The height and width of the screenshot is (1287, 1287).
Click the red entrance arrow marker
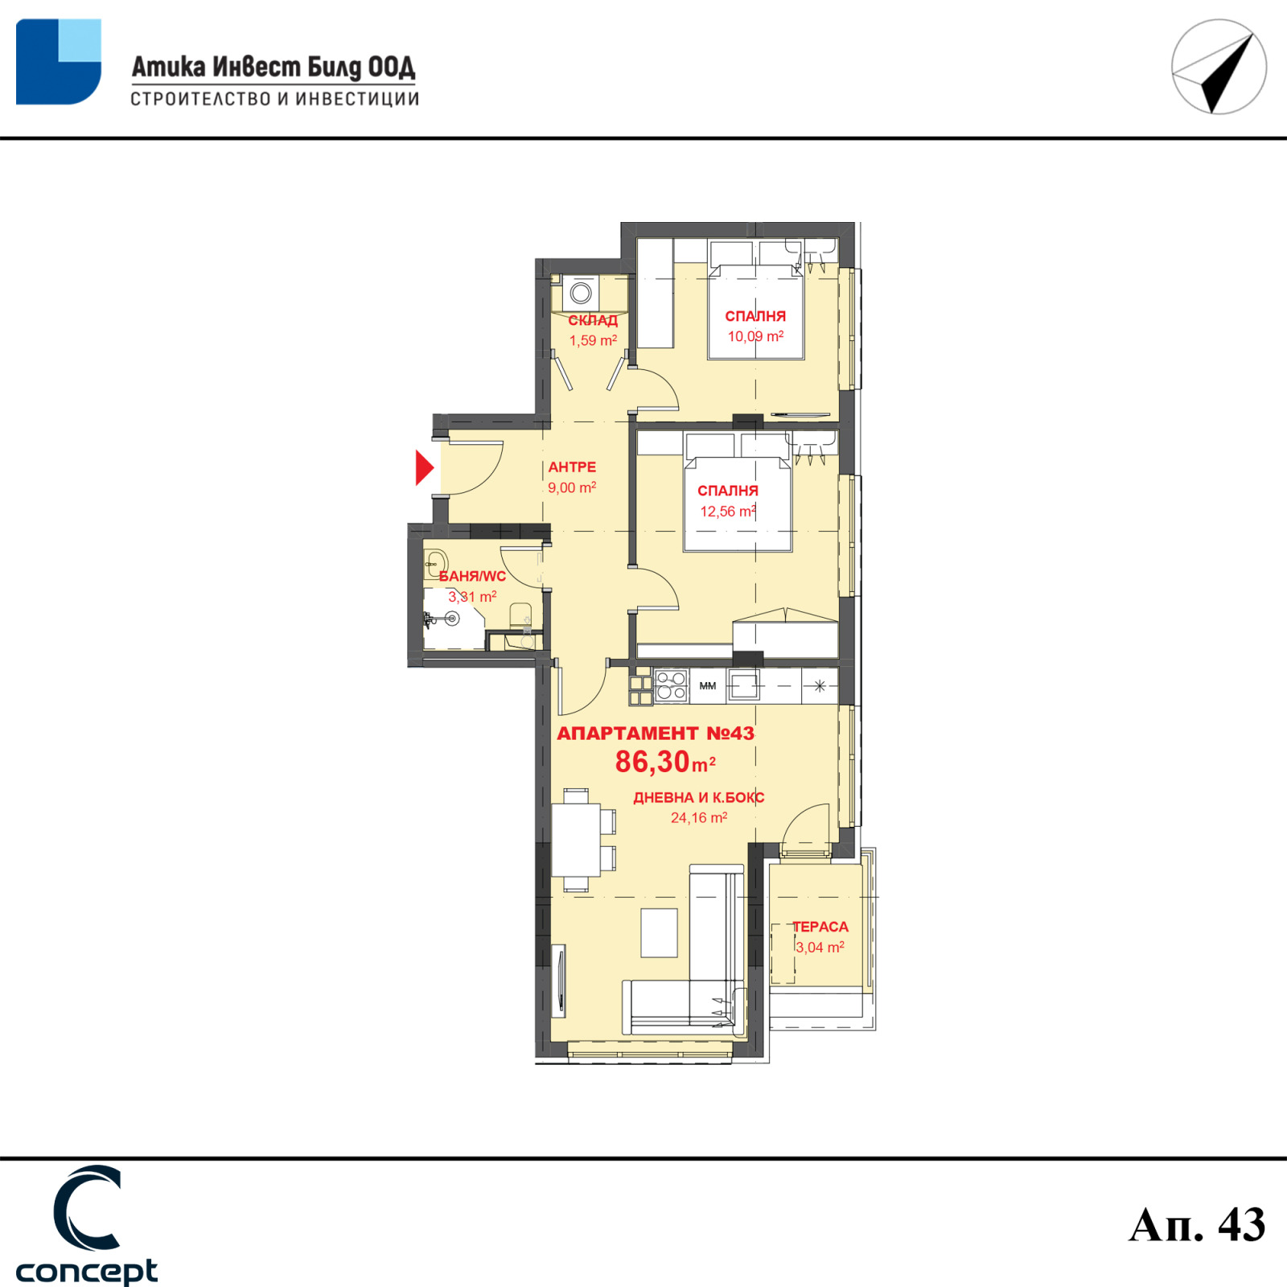[424, 467]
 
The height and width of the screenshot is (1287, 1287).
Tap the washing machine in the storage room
[581, 294]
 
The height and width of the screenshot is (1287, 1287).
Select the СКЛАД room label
[593, 320]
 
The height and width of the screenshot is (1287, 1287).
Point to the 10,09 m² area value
[755, 336]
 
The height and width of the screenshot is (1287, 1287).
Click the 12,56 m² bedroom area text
[728, 511]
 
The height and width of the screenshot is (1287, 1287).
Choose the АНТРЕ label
[572, 467]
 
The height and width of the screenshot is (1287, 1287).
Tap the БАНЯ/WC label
[472, 576]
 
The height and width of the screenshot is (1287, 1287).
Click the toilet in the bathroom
[521, 618]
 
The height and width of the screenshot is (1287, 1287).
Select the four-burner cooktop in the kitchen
[671, 686]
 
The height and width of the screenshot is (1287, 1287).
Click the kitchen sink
[743, 686]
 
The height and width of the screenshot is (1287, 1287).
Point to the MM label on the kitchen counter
[708, 686]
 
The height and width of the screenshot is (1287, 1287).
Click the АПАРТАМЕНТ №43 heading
[656, 733]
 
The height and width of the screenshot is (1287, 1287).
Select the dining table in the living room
[576, 840]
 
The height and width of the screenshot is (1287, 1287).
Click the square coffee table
[659, 932]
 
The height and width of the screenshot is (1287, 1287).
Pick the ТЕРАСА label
[820, 927]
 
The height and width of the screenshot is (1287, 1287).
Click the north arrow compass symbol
[1219, 67]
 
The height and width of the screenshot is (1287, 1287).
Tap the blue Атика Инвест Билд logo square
[59, 62]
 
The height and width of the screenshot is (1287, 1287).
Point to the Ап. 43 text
[1197, 1225]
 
